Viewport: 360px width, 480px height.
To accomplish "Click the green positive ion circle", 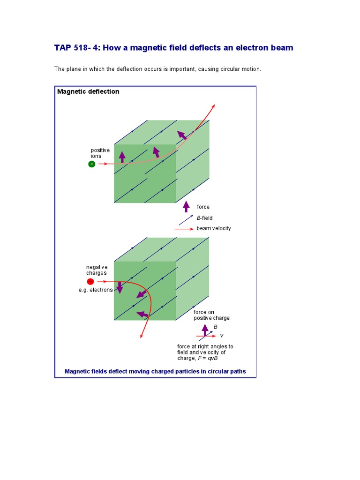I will click(91, 164).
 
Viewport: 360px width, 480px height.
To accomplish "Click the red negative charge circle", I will click(90, 281).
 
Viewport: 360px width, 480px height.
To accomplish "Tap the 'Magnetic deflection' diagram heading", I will click(88, 91).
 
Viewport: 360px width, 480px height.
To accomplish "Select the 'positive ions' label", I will click(100, 153).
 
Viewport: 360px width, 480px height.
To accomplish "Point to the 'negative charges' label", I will click(97, 270).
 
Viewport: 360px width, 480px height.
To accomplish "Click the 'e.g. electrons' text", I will click(96, 290).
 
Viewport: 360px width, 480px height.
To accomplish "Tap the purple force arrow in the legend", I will click(186, 206).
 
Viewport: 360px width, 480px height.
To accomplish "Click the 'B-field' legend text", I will click(204, 218).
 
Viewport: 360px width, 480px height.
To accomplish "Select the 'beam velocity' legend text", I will click(213, 228).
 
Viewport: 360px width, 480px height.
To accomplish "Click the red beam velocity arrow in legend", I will click(184, 229).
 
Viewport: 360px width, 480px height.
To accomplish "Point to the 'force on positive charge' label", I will click(211, 315).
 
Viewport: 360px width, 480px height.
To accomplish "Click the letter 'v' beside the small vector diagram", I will click(222, 336).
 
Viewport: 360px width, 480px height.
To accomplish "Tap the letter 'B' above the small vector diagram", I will click(216, 327).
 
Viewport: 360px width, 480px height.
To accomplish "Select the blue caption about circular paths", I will click(155, 371).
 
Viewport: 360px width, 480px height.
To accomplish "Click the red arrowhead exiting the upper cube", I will click(214, 106).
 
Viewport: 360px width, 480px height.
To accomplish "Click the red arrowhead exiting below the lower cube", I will click(141, 335).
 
